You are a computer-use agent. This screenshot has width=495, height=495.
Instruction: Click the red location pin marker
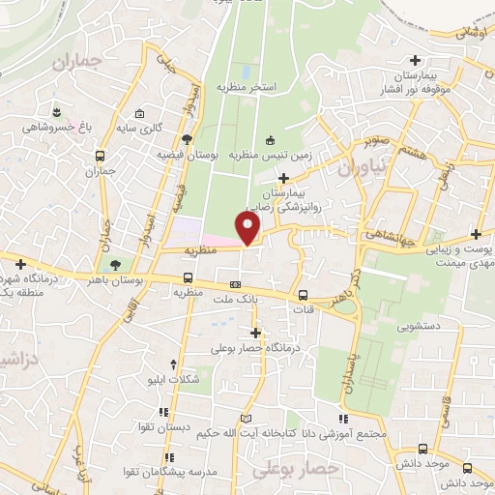[x=249, y=228]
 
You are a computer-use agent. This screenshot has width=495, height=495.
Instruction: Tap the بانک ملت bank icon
[x=236, y=284]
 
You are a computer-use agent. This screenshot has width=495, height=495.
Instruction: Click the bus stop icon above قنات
[x=304, y=296]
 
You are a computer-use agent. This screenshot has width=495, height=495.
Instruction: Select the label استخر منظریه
[x=247, y=87]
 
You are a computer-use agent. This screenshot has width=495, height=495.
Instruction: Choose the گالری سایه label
[x=164, y=127]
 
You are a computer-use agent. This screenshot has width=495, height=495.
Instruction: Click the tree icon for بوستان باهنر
[x=116, y=263]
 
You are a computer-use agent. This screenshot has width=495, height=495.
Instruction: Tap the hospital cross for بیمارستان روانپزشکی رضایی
[x=283, y=178]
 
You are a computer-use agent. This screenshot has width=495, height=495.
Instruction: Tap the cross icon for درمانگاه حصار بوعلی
[x=255, y=333]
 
